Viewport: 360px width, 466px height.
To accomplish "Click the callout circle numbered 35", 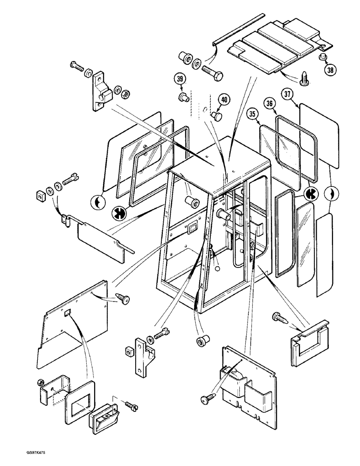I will [253, 113].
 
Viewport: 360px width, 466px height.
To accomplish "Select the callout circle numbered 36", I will [269, 104].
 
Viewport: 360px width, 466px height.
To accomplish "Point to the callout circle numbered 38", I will [330, 70].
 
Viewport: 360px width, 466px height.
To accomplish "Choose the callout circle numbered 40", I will [224, 99].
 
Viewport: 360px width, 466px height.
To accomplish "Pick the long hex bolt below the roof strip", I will [212, 72].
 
